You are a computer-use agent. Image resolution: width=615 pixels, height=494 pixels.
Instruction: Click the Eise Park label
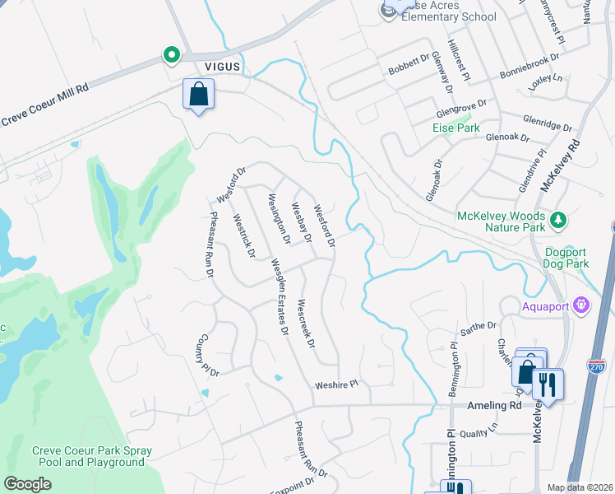(x=455, y=128)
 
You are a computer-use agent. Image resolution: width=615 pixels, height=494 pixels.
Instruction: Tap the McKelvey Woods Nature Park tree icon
(x=559, y=220)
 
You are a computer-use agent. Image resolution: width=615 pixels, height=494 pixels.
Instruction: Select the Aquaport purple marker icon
(x=582, y=305)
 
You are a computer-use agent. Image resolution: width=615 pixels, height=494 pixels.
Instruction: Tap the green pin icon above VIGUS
(x=172, y=55)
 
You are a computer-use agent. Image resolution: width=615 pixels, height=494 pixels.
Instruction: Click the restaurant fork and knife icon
(x=547, y=384)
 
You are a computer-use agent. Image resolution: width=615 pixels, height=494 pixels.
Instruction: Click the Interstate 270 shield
(x=598, y=364)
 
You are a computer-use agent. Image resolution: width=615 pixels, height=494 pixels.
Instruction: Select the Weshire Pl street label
(x=337, y=384)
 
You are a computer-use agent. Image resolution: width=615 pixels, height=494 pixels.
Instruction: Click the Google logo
(x=27, y=484)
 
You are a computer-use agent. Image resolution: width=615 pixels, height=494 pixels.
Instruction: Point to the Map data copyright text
(x=580, y=487)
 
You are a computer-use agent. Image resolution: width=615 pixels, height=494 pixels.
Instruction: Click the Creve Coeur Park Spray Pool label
(x=88, y=456)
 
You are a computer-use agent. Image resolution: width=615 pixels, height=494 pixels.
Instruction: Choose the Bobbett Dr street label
(x=409, y=64)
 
